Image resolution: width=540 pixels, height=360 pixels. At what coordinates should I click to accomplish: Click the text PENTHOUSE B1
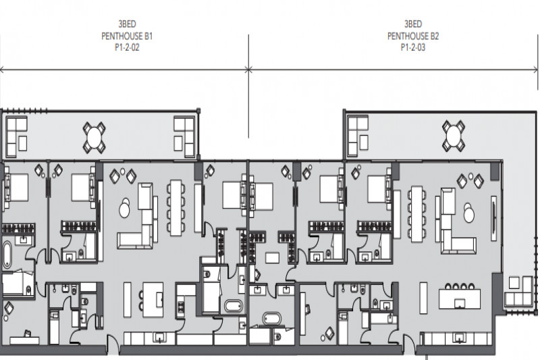tap(127, 36)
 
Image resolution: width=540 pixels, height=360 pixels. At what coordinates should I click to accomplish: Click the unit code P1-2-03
tap(413, 47)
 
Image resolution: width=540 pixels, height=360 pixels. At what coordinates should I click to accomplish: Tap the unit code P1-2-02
tap(127, 47)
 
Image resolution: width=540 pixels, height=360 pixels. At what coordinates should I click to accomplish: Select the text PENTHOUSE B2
tap(413, 36)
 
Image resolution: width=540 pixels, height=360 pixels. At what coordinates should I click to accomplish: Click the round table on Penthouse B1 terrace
tap(94, 138)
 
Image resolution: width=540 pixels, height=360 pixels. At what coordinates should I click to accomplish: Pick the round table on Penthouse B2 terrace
tap(454, 136)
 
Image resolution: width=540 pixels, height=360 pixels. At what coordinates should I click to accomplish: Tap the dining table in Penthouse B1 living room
tap(175, 208)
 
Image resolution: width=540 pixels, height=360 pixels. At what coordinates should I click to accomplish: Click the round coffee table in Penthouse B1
tap(124, 208)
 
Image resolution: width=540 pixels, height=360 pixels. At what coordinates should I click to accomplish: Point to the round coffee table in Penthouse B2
tap(468, 213)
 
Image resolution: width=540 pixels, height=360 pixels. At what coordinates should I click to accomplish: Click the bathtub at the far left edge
tap(7, 255)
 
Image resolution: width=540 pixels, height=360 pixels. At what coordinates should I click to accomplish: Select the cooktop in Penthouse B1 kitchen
tap(180, 306)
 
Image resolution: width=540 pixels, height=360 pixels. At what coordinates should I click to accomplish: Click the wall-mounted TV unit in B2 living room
tap(494, 218)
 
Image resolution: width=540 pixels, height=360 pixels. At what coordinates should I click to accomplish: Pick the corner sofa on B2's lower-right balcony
tap(518, 292)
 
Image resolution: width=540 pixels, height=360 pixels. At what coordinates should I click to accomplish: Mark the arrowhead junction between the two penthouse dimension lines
tap(248, 70)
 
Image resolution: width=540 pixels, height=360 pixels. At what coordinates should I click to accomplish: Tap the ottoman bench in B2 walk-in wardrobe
tap(273, 258)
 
